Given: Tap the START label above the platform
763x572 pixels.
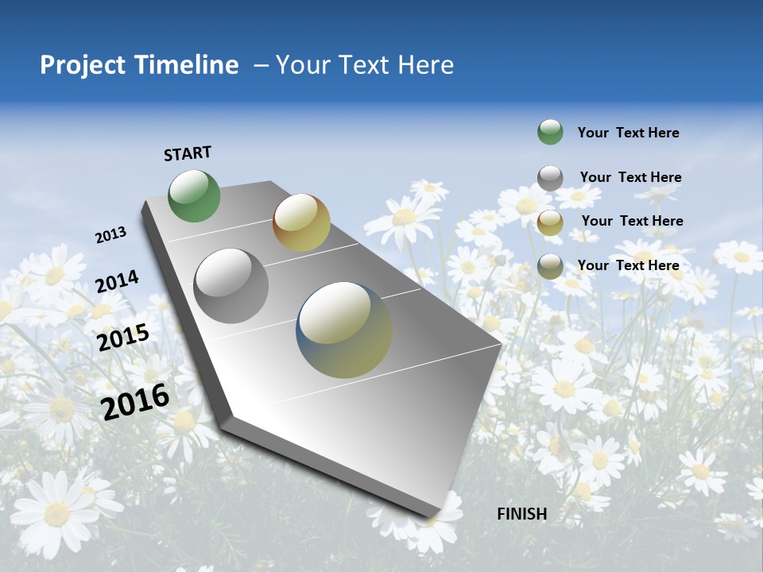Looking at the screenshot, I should coord(188,153).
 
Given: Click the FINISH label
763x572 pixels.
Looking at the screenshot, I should coord(521,514).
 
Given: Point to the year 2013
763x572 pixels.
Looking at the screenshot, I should coord(110,235).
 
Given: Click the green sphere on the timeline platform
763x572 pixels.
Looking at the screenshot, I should coord(195,196).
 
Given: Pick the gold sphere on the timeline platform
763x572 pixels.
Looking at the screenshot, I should coord(301,222).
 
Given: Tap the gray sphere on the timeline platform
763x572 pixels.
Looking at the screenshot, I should coord(231,286).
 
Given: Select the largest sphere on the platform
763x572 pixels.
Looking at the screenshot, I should coord(344,330).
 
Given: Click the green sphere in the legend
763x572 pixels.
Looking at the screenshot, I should coord(550,132).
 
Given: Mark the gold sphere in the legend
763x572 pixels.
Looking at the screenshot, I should coord(550,222).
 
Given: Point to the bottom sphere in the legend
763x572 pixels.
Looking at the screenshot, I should coord(550,266).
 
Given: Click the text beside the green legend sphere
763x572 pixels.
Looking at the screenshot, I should coord(628,133).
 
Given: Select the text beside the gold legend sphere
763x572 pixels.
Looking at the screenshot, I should coord(632,221).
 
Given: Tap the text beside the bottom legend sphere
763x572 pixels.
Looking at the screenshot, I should coord(628,265).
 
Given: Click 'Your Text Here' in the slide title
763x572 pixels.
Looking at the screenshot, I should coord(365,65).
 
